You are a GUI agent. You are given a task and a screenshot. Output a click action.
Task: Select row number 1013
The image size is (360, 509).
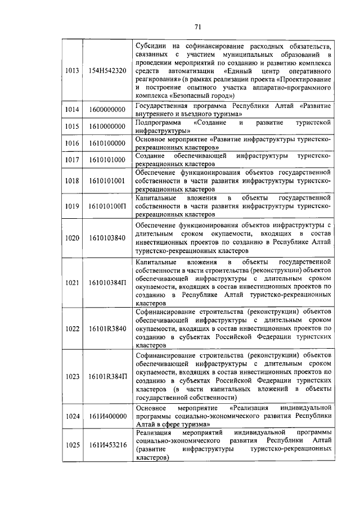click(71, 70)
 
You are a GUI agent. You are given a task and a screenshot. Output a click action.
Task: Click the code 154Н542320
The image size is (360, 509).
click(107, 70)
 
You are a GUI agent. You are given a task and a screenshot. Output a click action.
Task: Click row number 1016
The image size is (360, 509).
click(71, 143)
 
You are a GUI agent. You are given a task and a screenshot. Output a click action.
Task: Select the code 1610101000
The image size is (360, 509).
click(107, 160)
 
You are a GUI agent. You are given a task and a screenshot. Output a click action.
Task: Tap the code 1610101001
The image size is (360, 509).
click(107, 181)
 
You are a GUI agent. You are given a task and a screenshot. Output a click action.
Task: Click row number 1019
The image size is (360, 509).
click(71, 206)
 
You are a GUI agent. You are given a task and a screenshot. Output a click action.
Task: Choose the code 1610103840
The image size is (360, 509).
click(107, 238)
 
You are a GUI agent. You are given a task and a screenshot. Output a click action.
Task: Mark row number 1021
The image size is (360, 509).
click(71, 282)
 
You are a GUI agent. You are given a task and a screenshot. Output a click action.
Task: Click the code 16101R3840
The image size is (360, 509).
click(107, 328)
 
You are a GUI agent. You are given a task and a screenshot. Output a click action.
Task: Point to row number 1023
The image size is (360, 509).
click(71, 376)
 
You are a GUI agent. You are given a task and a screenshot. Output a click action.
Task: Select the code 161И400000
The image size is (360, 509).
click(107, 415)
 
